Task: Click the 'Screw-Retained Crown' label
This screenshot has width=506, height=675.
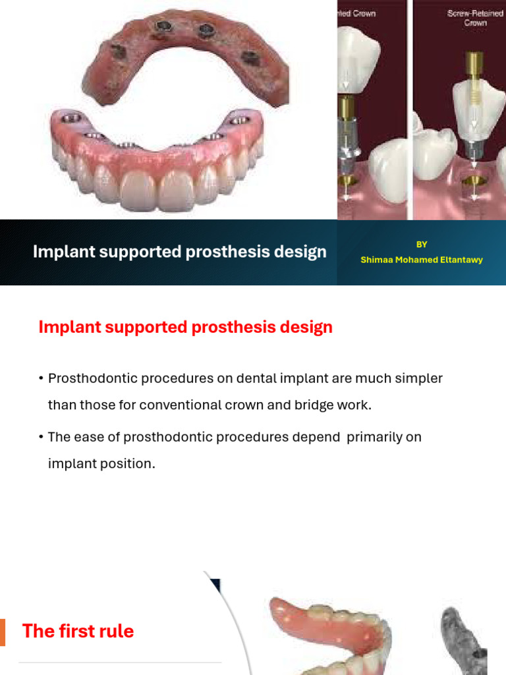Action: [475, 18]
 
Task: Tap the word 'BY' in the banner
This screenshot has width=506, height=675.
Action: [422, 245]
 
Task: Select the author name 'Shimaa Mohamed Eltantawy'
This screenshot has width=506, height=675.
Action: [422, 260]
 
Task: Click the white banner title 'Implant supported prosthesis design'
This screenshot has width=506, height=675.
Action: [180, 252]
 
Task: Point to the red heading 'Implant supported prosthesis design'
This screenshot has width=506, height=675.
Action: [186, 327]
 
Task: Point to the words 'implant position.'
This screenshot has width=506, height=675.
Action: [101, 463]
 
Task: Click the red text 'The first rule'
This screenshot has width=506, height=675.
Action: [78, 631]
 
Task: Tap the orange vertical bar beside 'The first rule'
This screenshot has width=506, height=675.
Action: [3, 632]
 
